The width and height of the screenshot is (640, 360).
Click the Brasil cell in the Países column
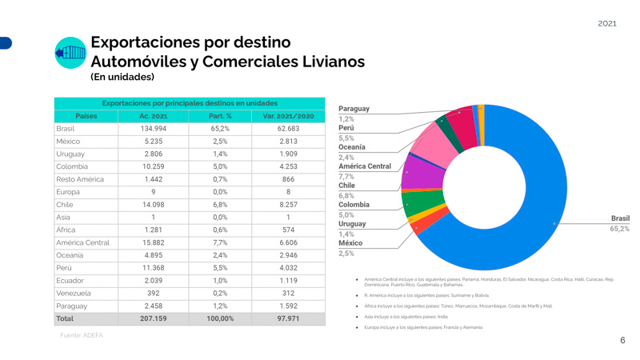point(66,129)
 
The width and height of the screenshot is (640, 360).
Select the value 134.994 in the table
point(153,129)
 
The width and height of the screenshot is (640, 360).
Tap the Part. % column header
point(220,116)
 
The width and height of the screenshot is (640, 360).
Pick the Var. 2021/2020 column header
point(288,116)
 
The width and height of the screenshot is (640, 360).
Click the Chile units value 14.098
point(153,204)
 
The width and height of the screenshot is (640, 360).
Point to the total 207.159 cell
point(153,318)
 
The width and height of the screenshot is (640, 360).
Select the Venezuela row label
point(74,293)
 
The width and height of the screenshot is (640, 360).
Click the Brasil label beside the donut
point(620,218)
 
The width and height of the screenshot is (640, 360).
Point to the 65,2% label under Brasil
point(620,229)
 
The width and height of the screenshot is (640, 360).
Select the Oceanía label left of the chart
point(352,147)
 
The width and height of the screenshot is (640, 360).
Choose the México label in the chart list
point(350,242)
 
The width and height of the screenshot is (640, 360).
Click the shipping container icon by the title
point(70,53)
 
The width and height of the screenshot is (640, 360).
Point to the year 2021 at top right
point(607,23)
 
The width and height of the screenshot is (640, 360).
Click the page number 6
point(622,340)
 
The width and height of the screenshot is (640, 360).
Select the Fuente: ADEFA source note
point(82,336)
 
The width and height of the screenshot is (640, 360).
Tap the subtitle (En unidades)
point(122,78)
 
